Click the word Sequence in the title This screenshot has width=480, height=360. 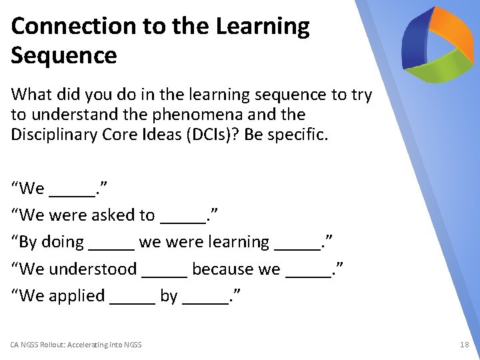[x=64, y=55]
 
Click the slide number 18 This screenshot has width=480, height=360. [x=464, y=345]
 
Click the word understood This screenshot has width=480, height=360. [x=93, y=269]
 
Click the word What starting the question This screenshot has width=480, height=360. [x=29, y=95]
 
